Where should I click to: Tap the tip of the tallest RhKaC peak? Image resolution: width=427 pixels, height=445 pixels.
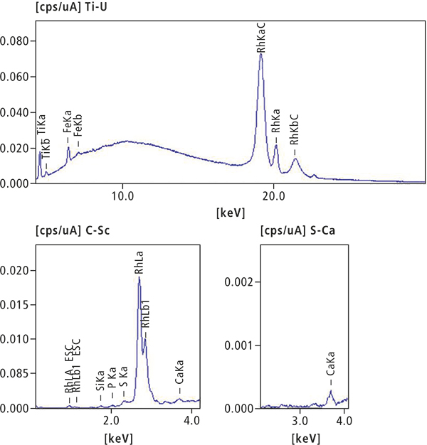[x=261, y=55]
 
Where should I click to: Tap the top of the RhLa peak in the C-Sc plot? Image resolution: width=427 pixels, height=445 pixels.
[x=139, y=277]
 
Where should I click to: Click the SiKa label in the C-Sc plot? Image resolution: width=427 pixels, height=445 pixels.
[x=100, y=380]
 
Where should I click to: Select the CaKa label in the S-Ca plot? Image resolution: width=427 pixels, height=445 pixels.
[x=330, y=370]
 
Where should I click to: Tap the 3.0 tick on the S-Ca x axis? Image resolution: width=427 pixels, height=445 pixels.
[x=300, y=421]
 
